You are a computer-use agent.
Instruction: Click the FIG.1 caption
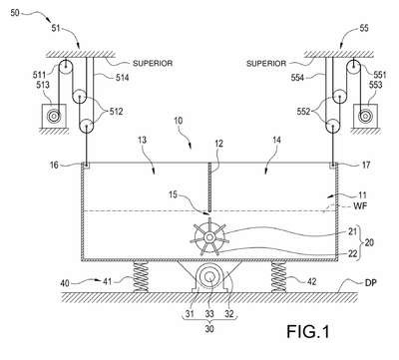[308, 331]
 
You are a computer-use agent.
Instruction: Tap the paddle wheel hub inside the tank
[209, 237]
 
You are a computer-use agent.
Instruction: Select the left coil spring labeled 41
[141, 276]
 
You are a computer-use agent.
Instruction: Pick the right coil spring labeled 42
[278, 276]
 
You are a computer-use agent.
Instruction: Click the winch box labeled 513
[54, 116]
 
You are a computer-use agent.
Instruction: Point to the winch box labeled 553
[365, 116]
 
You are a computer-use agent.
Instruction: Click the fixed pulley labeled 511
[66, 68]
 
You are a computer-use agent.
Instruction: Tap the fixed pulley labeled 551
[354, 68]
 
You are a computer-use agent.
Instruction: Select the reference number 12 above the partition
[218, 144]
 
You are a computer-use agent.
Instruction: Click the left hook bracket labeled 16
[86, 166]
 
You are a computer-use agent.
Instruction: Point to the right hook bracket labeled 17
[333, 166]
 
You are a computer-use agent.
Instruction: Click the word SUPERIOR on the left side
[153, 63]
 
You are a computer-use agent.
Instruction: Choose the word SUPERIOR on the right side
[266, 63]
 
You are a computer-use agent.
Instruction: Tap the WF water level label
[360, 206]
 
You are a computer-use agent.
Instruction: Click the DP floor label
[370, 283]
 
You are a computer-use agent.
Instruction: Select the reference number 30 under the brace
[209, 329]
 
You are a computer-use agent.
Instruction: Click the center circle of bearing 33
[210, 276]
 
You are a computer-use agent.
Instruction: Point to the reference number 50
[15, 13]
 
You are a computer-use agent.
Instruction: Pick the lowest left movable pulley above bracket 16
[87, 127]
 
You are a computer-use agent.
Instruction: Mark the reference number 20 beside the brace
[369, 243]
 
